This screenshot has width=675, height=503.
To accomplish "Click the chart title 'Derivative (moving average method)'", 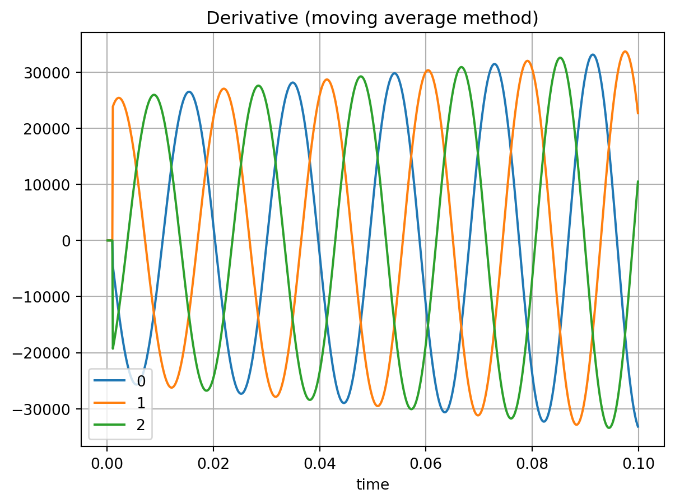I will pyautogui.click(x=373, y=18).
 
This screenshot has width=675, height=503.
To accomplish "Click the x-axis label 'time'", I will pyautogui.click(x=373, y=485).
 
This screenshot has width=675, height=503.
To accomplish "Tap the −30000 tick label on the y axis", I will pyautogui.click(x=48, y=409).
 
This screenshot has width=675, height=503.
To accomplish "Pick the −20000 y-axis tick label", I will pyautogui.click(x=48, y=353).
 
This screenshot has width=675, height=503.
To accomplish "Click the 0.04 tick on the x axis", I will pyautogui.click(x=319, y=464).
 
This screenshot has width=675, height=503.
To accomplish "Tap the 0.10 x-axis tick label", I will pyautogui.click(x=638, y=464).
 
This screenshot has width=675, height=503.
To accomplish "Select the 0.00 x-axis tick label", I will pyautogui.click(x=106, y=464).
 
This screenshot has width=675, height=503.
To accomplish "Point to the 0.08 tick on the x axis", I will pyautogui.click(x=532, y=464).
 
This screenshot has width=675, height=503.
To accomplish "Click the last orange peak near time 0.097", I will pyautogui.click(x=625, y=52).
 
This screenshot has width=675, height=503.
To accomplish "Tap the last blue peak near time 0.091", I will pyautogui.click(x=593, y=55).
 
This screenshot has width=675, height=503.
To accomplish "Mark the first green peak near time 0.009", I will pyautogui.click(x=154, y=95).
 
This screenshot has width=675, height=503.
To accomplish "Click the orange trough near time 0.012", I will pyautogui.click(x=171, y=388).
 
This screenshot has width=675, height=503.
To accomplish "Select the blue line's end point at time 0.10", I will pyautogui.click(x=638, y=427).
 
